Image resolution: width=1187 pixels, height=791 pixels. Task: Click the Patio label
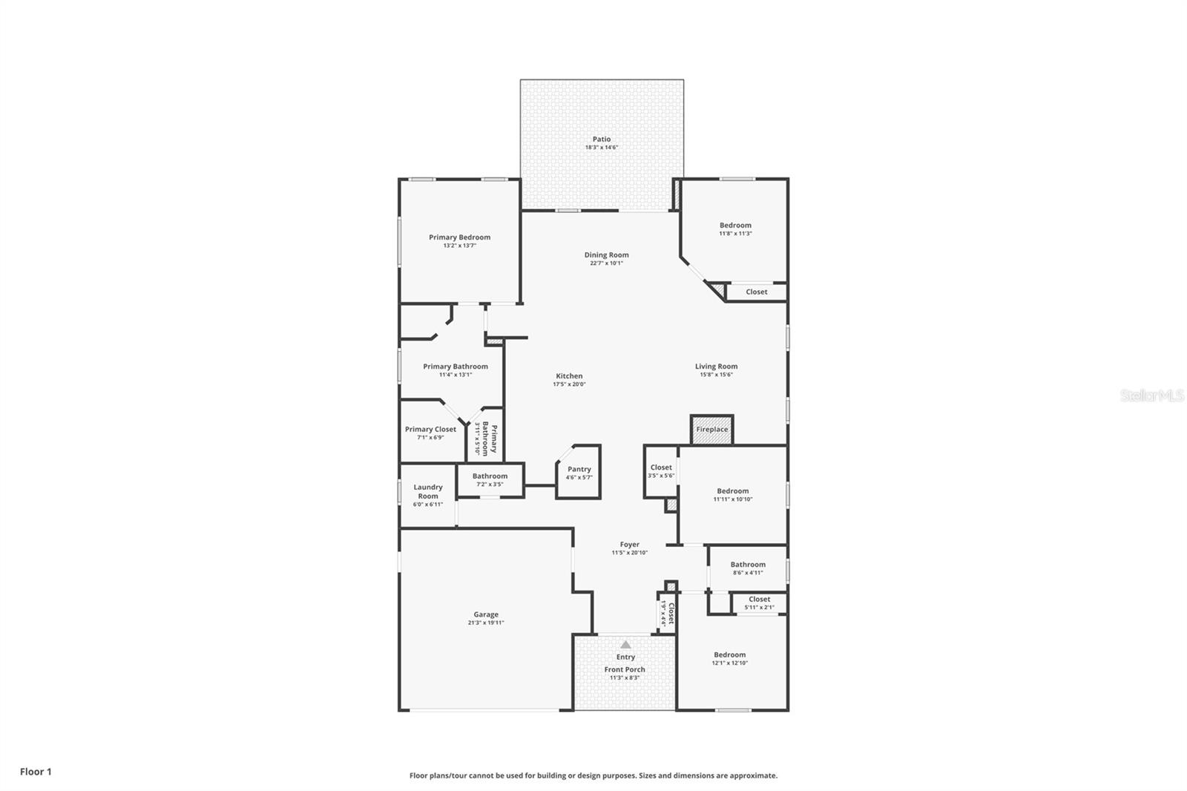point(602,139)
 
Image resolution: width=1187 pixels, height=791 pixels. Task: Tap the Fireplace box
point(711,430)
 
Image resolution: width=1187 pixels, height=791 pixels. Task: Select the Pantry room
point(579,472)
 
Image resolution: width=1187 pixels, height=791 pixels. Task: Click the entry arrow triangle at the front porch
point(625,644)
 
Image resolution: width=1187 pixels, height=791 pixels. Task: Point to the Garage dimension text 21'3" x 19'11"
point(486,623)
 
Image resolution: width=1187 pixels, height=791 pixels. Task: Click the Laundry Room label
point(428,491)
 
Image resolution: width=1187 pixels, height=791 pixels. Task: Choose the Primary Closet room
point(430,433)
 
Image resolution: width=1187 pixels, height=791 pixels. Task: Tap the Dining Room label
point(606,255)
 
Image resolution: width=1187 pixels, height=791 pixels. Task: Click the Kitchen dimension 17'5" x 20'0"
point(569,384)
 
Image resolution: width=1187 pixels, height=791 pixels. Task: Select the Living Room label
point(716,366)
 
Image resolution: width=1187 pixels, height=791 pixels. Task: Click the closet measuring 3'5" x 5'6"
point(660,471)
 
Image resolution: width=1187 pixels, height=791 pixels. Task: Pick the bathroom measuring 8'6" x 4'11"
point(747,568)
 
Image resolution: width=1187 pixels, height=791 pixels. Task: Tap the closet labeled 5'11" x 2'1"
point(759,603)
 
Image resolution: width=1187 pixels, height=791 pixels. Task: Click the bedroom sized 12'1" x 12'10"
point(730,659)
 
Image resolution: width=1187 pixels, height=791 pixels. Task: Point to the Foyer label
point(629,544)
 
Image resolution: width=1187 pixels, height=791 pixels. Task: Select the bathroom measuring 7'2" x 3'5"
point(490,479)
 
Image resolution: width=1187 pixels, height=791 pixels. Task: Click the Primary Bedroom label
point(459,237)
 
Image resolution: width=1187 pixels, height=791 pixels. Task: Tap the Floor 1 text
point(36,772)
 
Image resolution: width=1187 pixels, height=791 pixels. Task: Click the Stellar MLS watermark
point(1151,396)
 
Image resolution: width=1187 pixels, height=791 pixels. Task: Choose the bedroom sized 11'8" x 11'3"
point(735,229)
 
